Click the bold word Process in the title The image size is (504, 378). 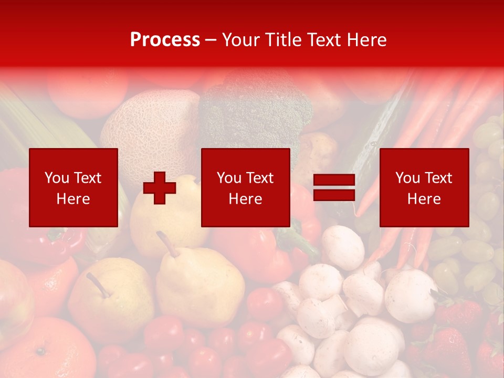coord(165,40)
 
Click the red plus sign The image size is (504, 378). coord(160,187)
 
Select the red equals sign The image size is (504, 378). coord(334,187)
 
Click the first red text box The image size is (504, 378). coord(73,187)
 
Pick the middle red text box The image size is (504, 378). coord(245,187)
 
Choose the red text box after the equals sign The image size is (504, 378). coord(424,187)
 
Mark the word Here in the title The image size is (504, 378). coord(366,40)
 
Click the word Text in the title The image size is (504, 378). coord(323,40)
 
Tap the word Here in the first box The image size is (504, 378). coord(73,199)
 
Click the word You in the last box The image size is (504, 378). coord(407,178)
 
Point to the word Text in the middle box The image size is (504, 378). coord(260,178)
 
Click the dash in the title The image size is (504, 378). coord(211,40)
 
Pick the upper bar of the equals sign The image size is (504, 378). coord(334,180)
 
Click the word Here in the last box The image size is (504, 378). coord(424,199)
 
